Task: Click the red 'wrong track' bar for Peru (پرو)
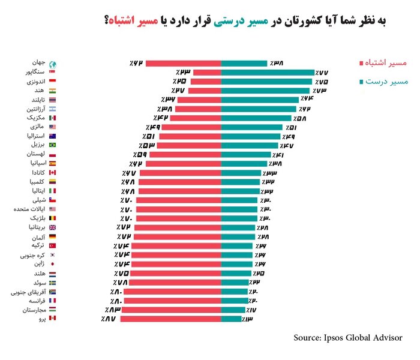coord(171,319)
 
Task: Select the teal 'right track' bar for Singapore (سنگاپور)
coord(268,72)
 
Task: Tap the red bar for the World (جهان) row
coord(184,63)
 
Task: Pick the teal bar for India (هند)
coord(266,90)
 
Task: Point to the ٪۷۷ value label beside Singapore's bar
coord(323,72)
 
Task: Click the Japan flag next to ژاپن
coord(52,264)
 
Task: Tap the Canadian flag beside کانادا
coord(52,173)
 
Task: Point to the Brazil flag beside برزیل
coord(52,145)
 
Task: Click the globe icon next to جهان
coord(52,64)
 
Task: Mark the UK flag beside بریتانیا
coord(52,227)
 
